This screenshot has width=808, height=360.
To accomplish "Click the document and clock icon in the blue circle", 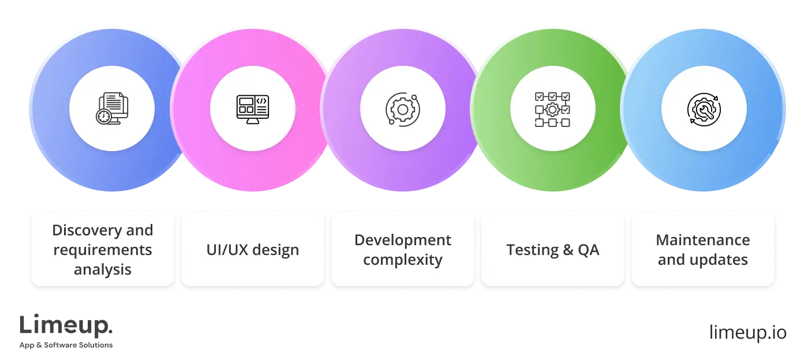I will click(x=112, y=108).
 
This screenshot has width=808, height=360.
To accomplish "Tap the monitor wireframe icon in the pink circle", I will click(x=252, y=108).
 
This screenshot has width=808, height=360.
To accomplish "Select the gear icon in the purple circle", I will click(x=402, y=108).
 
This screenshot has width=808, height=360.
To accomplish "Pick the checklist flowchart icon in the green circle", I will click(x=552, y=108).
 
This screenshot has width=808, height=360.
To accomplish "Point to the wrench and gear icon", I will click(x=704, y=108).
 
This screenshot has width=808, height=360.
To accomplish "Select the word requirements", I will click(x=102, y=250).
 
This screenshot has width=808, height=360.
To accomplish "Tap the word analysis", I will click(x=102, y=269).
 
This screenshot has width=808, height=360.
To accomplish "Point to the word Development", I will click(x=402, y=240).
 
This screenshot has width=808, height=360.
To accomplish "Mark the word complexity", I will click(x=402, y=260).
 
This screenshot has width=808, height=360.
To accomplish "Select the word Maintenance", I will click(x=702, y=240).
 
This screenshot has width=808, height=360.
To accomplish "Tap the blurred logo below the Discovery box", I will click(x=66, y=332).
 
